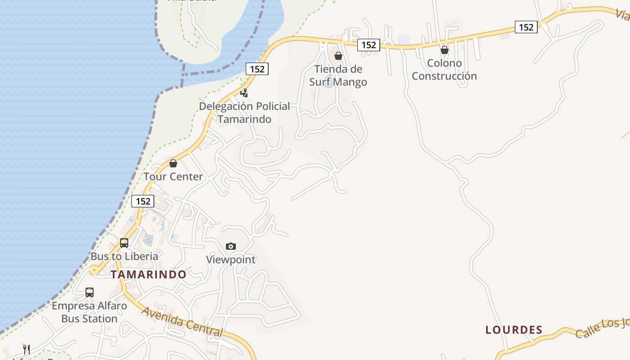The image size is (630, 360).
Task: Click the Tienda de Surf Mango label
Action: coord(338,76)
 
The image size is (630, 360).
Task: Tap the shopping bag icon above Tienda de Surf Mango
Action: coord(338,56)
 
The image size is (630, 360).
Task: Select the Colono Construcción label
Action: coord(444,69)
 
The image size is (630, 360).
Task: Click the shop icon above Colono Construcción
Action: coord(445,50)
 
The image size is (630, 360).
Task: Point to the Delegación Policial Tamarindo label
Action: coord(244,112)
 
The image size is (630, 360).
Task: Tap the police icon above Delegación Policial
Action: coord(244,93)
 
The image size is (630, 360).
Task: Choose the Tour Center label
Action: coord(173,176)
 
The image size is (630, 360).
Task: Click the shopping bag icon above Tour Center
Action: coord(173,163)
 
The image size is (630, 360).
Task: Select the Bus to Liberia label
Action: coord(124,256)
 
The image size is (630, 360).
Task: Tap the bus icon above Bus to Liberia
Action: coord(124,243)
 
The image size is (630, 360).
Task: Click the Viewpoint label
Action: coord(231,259)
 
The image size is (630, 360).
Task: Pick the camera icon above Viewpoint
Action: coord(231,246)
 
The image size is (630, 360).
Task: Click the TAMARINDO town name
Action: coord(148,274)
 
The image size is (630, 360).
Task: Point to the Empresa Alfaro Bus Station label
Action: coord(89,312)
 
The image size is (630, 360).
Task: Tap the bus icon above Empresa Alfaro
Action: coord(90,292)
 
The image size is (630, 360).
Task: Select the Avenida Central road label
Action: coord(183,321)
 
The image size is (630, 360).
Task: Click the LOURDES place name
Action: coord(514,330)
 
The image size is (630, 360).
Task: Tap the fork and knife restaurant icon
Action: coord(27,349)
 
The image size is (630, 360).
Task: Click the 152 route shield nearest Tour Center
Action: coord(143,201)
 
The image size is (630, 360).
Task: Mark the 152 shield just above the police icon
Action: coord(257,69)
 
